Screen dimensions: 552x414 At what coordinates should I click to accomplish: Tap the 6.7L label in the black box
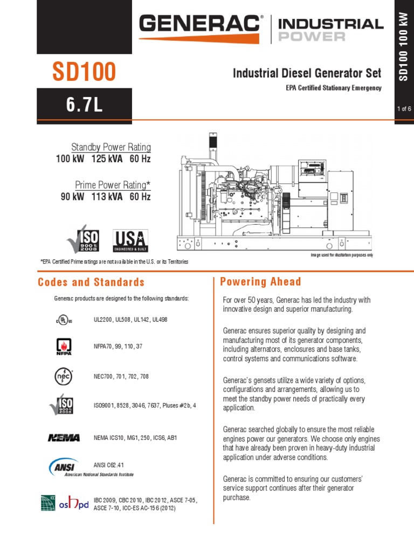(x=84, y=104)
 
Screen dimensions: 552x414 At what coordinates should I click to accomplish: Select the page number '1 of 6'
(x=404, y=109)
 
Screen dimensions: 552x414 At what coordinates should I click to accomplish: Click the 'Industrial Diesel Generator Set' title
(x=307, y=73)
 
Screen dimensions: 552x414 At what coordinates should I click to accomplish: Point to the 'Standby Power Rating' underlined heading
(x=111, y=148)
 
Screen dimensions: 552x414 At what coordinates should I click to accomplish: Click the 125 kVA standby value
(x=107, y=159)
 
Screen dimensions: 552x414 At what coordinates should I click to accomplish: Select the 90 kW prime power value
(x=72, y=197)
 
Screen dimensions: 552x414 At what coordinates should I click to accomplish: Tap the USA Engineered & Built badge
(x=129, y=241)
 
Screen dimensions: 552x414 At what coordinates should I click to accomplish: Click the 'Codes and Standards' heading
(x=91, y=282)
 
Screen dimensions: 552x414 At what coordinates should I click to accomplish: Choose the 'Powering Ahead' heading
(x=260, y=282)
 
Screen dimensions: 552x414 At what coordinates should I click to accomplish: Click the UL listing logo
(x=63, y=320)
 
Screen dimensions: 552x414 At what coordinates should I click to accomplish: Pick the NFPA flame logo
(x=64, y=346)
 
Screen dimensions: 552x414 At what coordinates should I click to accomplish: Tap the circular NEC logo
(x=64, y=376)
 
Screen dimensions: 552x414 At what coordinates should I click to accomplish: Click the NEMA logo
(x=64, y=438)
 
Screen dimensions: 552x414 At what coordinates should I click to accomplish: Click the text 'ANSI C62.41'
(x=112, y=464)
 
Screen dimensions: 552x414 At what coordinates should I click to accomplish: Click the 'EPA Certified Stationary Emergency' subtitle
(x=334, y=88)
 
